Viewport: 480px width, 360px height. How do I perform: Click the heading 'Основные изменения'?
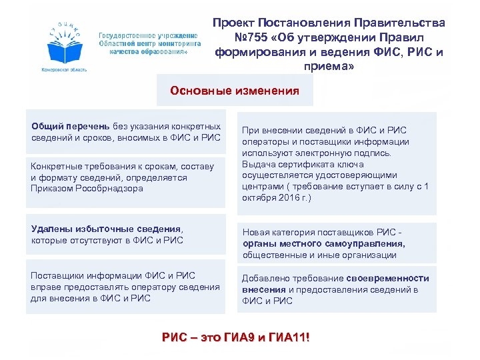pyautogui.click(x=235, y=90)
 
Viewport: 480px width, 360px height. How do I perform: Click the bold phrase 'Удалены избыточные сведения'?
pyautogui.click(x=106, y=229)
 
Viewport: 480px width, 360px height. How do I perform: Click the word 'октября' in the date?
pyautogui.click(x=259, y=198)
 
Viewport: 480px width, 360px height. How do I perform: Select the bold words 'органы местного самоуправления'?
pyautogui.click(x=323, y=243)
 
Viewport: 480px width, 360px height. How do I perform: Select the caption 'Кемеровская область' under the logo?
pyautogui.click(x=63, y=69)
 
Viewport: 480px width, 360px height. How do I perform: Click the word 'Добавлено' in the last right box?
pyautogui.click(x=264, y=278)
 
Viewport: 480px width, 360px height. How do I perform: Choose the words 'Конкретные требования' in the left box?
pyautogui.click(x=77, y=166)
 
